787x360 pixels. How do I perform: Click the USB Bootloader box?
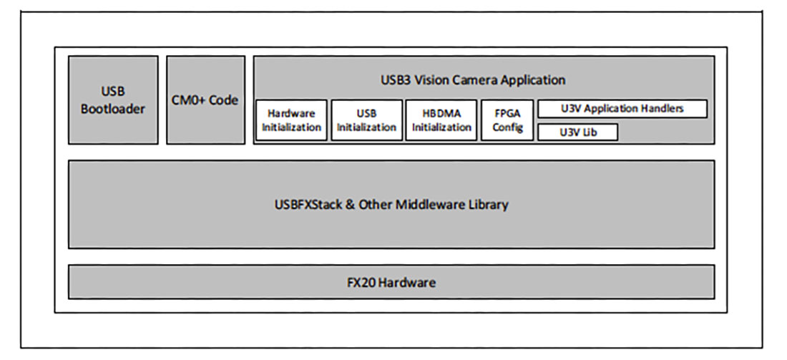(113, 100)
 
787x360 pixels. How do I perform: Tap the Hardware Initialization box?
(291, 120)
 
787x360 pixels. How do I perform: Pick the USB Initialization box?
(366, 120)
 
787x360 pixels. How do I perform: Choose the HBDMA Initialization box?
(441, 120)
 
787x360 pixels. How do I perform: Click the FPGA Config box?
(508, 120)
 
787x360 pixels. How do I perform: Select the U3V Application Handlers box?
(622, 109)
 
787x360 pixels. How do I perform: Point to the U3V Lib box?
(577, 132)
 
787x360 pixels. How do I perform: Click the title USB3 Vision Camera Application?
(483, 79)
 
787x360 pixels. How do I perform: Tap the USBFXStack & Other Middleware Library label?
(391, 204)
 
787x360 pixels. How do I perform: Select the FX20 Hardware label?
(391, 282)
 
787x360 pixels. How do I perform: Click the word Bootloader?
(113, 109)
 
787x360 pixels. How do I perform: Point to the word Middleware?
(437, 204)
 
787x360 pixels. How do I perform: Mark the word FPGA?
(508, 113)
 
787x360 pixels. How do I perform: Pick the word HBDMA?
(441, 113)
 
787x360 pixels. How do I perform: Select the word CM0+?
(188, 100)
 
